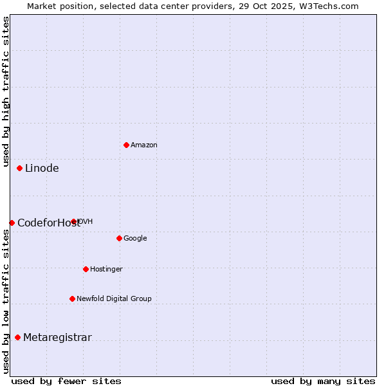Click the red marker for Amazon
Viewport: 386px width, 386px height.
(126, 145)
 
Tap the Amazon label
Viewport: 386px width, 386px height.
(144, 145)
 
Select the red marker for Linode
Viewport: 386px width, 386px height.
(19, 168)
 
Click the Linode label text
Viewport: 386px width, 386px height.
(42, 169)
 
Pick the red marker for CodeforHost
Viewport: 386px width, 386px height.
(12, 223)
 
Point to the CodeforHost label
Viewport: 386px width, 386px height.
(49, 223)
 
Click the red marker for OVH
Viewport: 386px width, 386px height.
(74, 221)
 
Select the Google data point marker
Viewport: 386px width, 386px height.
(119, 238)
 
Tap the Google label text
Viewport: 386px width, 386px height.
(135, 239)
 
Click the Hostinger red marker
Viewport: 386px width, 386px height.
(86, 269)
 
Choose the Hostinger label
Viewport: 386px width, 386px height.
(106, 270)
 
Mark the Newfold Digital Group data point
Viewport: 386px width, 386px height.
(72, 299)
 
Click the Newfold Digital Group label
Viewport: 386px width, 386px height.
(114, 299)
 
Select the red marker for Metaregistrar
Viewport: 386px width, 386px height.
(17, 337)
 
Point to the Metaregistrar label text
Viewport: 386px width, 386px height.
(57, 338)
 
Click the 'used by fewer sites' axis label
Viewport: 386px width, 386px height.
(66, 381)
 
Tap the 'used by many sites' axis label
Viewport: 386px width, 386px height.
(323, 381)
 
